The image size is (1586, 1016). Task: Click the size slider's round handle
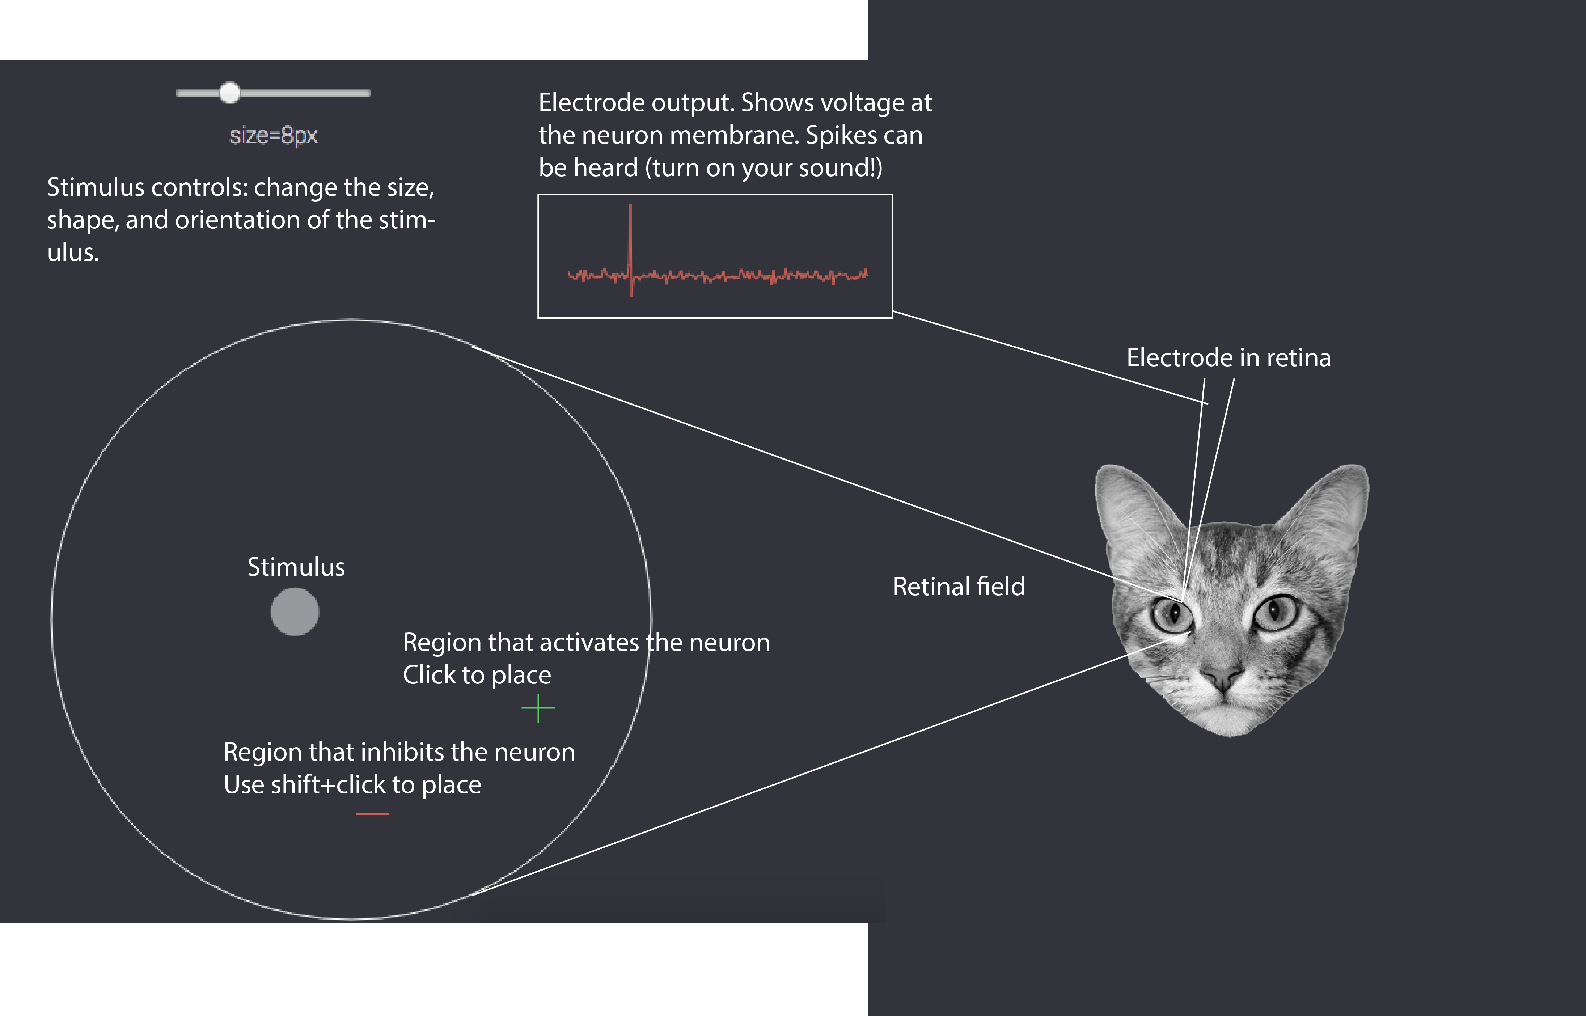point(229,93)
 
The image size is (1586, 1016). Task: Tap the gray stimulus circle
point(295,612)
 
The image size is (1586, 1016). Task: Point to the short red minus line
point(372,814)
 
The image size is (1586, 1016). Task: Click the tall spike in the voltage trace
point(630,244)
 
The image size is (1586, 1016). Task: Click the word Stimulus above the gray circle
point(296,567)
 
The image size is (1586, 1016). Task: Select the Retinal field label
point(959,587)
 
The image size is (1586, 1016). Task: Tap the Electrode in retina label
point(1228,357)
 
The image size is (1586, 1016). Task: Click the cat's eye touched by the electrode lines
point(1172,614)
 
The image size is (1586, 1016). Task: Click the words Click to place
point(477,675)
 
